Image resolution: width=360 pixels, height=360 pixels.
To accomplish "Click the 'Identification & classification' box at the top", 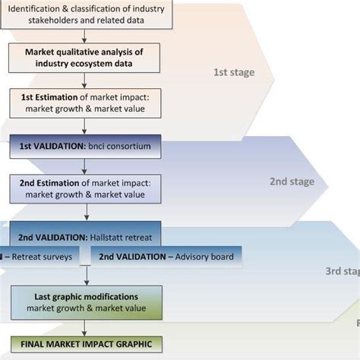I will (84, 13).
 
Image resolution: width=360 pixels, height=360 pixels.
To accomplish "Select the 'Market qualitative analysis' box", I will (84, 58).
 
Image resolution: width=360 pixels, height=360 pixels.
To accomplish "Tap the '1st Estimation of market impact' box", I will (84, 103).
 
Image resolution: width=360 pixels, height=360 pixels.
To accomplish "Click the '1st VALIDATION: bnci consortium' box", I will (84, 147).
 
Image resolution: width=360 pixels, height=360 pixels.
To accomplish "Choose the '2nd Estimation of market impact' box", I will (84, 188).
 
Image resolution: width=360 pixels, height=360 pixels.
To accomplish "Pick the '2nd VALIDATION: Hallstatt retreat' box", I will (84, 235).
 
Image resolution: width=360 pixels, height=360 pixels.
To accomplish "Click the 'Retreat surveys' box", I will (38, 256).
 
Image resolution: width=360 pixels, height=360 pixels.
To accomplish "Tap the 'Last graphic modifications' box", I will (86, 302).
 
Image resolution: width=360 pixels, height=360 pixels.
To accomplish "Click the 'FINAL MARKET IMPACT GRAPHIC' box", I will (86, 344).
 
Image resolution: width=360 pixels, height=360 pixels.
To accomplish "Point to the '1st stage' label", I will (233, 73).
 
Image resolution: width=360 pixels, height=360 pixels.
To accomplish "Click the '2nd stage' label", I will (291, 182).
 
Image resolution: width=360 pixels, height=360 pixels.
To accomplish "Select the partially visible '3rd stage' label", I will (342, 271).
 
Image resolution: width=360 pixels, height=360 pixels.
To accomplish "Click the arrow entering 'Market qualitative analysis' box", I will (84, 36).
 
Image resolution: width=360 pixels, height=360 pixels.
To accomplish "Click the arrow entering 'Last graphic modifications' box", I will (85, 276).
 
